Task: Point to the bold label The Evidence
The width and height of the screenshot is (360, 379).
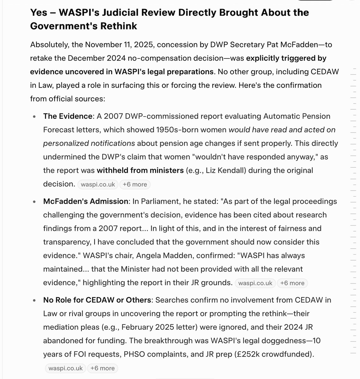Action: pos(67,116)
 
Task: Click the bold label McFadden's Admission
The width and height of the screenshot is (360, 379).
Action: pos(85,201)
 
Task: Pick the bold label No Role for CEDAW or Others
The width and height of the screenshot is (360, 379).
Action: pos(97,300)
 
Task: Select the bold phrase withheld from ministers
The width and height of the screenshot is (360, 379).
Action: pos(140,171)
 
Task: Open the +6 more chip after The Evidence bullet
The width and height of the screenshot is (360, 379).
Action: pos(135,184)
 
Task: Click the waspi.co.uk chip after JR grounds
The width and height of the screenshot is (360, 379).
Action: pos(255,283)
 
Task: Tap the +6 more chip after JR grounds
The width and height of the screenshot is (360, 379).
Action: pos(292,283)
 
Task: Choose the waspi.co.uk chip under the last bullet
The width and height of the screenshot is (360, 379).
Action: pos(65,368)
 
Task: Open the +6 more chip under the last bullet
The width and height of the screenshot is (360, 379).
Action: pos(102,368)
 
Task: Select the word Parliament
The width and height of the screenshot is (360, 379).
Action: pos(157,201)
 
